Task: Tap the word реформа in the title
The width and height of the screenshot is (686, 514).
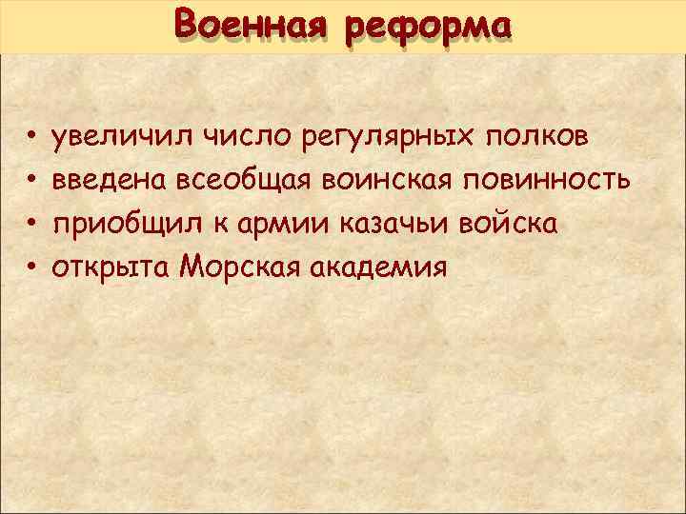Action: [x=428, y=26]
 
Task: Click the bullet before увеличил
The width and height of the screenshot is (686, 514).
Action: [x=31, y=139]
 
